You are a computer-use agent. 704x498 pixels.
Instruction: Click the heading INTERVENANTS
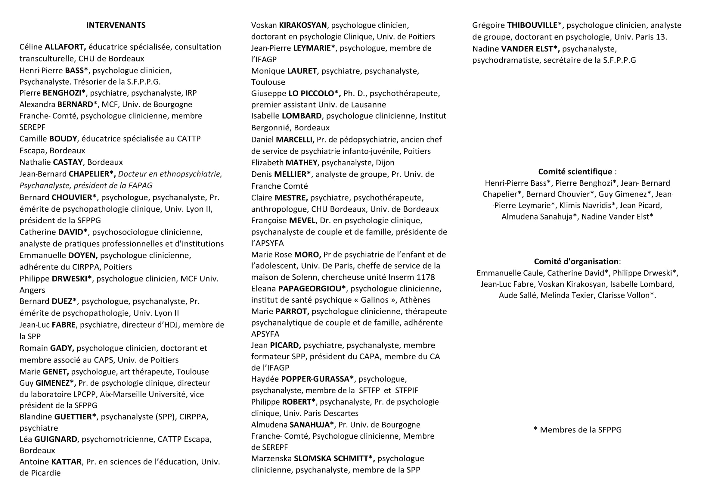[116, 25]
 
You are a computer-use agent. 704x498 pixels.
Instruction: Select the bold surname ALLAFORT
[65, 47]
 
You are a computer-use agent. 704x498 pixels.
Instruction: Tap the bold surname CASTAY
[68, 162]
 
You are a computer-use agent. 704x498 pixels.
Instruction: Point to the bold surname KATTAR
[66, 462]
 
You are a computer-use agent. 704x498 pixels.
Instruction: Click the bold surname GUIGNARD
[55, 439]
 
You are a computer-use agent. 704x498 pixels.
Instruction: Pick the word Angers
[32, 290]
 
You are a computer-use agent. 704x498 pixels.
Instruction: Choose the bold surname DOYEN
[82, 255]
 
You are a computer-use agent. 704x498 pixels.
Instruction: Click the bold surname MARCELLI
[295, 139]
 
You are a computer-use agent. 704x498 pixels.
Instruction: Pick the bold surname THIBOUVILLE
[532, 25]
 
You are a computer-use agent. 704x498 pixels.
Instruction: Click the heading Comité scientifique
[575, 172]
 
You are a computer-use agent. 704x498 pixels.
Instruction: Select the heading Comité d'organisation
[576, 262]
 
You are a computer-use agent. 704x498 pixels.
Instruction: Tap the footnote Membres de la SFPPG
[580, 430]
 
